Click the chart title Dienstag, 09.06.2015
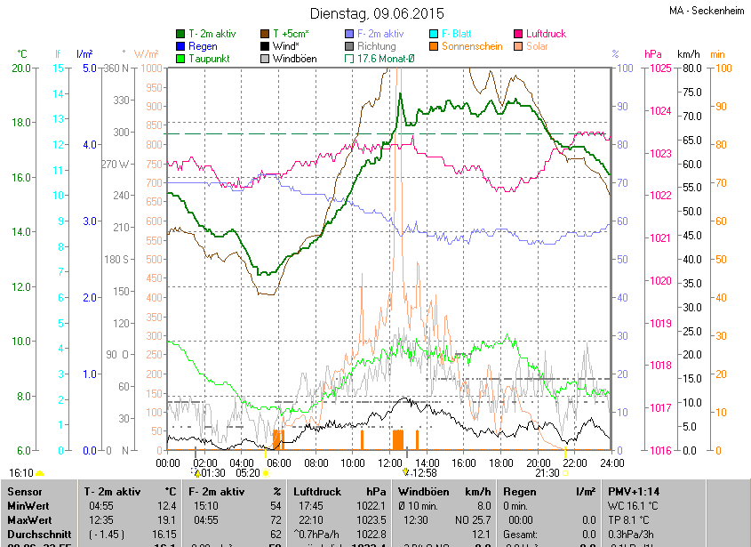point(375,13)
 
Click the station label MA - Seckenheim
point(707,11)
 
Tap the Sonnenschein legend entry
point(472,46)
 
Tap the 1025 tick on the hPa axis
point(659,68)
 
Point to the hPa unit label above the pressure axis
point(652,54)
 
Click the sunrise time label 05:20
point(248,473)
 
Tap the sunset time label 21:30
point(547,473)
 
